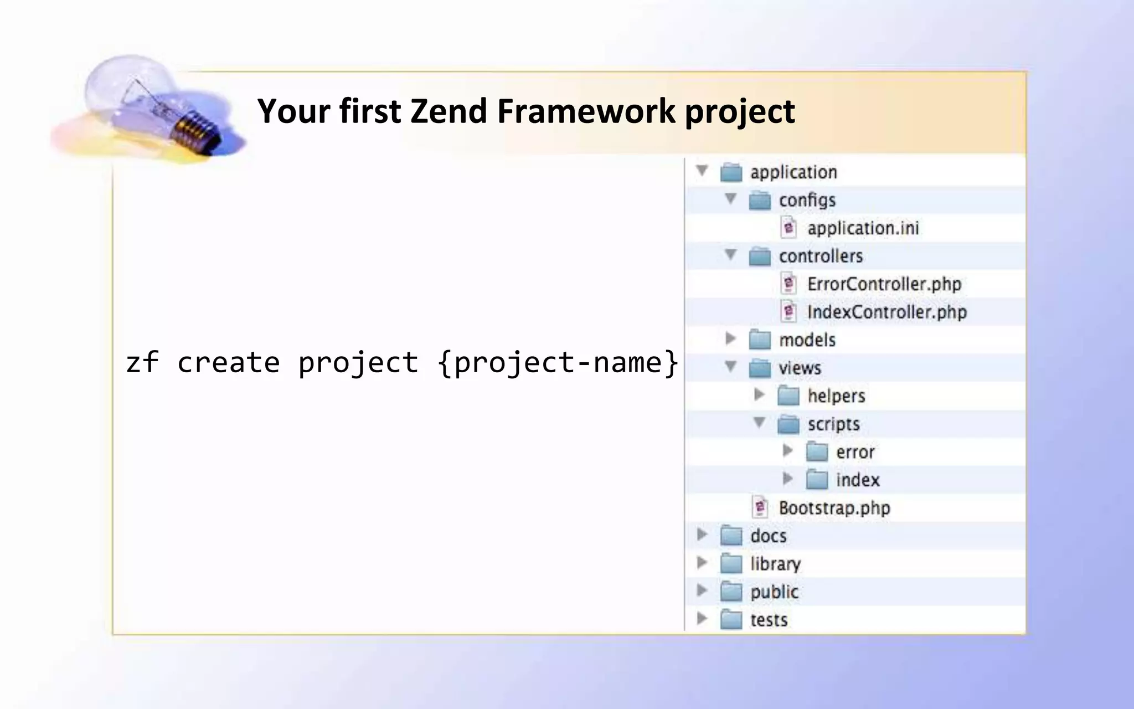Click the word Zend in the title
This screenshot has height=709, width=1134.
click(x=447, y=111)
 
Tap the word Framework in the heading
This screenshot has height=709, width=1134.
click(x=586, y=111)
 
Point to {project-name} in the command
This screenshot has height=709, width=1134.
click(x=558, y=363)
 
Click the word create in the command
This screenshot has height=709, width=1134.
click(x=228, y=363)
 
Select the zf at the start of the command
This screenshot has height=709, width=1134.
click(x=142, y=363)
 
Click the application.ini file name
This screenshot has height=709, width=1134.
click(x=863, y=228)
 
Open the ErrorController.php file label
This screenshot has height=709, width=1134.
click(x=884, y=284)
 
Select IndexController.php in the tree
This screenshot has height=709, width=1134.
click(x=886, y=312)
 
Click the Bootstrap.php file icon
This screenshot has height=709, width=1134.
click(x=760, y=507)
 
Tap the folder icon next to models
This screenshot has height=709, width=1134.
click(x=760, y=340)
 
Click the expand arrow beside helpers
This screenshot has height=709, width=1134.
click(x=759, y=394)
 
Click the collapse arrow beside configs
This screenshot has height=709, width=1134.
click(x=730, y=198)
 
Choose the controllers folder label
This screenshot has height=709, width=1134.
click(x=821, y=256)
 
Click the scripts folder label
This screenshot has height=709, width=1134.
click(x=833, y=424)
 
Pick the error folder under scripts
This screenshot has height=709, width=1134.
click(x=855, y=452)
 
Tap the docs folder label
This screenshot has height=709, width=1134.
click(x=768, y=536)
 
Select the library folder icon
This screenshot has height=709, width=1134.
click(x=731, y=564)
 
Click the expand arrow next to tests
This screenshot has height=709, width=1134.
click(x=702, y=618)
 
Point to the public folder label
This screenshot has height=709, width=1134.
click(x=774, y=592)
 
